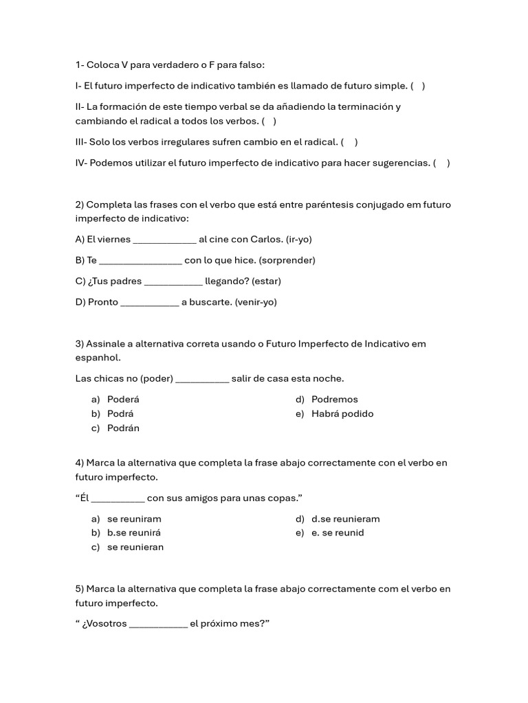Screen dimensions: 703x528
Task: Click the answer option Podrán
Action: [123, 428]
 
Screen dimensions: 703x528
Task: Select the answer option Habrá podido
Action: [342, 413]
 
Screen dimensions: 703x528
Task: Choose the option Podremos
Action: [334, 399]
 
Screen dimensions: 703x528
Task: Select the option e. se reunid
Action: [338, 532]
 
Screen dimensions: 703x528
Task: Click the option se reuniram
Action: [134, 518]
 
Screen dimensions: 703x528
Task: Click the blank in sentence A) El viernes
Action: [164, 240]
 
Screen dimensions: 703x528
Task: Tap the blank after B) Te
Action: [141, 261]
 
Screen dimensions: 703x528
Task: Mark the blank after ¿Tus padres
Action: [174, 281]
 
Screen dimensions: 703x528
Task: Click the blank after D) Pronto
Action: [149, 303]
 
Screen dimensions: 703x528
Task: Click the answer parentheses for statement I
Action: [417, 86]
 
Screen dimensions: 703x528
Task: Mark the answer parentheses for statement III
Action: [349, 142]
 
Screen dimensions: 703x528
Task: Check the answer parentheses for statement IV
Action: [442, 163]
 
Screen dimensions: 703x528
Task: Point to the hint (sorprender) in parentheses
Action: [287, 260]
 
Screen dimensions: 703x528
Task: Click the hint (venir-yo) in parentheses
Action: [256, 302]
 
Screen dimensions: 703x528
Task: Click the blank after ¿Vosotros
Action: [158, 624]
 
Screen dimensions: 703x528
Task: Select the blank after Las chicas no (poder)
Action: [202, 379]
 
